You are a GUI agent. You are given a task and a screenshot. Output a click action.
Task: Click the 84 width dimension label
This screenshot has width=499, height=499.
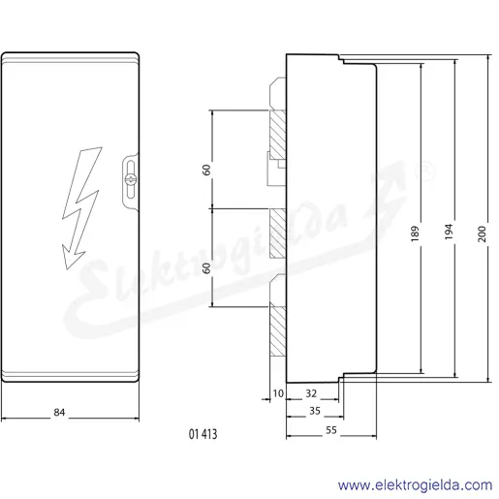pos(59,413)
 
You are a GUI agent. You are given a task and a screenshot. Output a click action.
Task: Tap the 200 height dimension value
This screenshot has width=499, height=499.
pos(482,234)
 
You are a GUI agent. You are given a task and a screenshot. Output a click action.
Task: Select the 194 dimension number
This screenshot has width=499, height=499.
pos(449,232)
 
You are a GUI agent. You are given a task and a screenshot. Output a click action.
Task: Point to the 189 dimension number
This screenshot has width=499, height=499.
pos(415,234)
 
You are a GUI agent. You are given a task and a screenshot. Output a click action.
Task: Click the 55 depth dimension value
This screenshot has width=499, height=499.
pos(331,430)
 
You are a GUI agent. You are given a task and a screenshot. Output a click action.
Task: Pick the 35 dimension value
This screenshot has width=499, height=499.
pos(315,411)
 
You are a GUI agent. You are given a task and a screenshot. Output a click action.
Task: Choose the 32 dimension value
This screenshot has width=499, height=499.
pos(311,393)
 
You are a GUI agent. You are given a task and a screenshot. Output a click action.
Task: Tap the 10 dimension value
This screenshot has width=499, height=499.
pos(278,393)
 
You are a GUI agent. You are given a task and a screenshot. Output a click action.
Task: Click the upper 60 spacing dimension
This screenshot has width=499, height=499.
pos(206,170)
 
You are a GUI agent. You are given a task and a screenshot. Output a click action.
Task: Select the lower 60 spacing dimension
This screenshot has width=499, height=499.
pos(206,267)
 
